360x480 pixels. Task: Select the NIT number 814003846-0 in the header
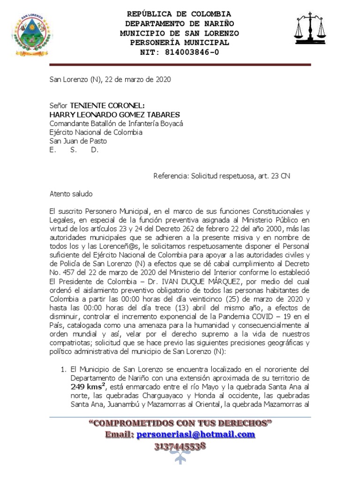click(191, 52)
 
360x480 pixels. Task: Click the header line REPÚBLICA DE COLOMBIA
click(180, 14)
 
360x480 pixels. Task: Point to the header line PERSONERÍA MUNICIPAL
click(180, 43)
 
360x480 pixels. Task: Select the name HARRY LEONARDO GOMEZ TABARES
click(115, 114)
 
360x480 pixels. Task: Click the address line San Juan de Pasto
click(78, 141)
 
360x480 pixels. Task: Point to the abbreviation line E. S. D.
click(74, 150)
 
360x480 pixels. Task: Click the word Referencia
click(171, 176)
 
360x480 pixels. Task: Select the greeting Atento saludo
click(71, 194)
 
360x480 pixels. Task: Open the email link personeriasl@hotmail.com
click(196, 435)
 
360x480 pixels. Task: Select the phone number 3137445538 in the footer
click(180, 446)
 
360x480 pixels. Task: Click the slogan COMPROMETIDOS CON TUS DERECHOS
click(180, 423)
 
